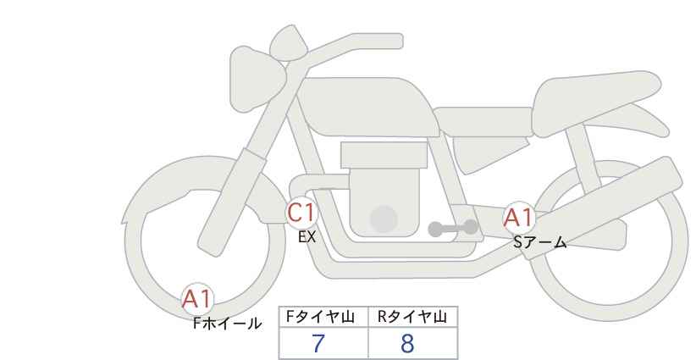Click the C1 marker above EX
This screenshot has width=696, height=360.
301,213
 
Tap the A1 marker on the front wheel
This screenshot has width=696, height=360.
197,299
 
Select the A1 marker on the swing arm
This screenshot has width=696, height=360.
519,218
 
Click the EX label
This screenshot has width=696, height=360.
307,237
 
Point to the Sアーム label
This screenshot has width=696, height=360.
540,242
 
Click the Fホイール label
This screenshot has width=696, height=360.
228,324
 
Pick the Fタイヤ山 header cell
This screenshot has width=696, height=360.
323,317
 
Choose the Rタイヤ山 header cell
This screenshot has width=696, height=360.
413,317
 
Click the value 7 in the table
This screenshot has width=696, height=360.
318,343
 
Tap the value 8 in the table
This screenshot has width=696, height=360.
407,343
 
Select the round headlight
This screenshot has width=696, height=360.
256,80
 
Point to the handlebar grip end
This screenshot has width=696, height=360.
396,41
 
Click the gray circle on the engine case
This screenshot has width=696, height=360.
384,219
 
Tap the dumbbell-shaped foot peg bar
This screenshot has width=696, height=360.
453,228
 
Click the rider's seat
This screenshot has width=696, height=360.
483,121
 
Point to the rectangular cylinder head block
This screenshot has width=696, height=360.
384,155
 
